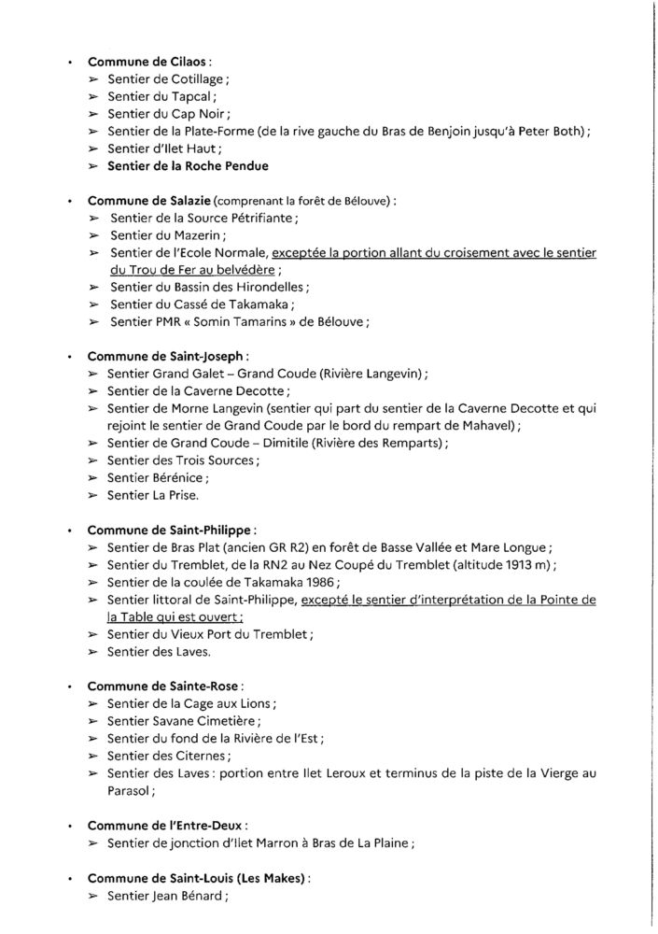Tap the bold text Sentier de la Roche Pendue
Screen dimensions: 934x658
click(188, 166)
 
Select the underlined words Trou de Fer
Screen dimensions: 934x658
click(148, 271)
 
